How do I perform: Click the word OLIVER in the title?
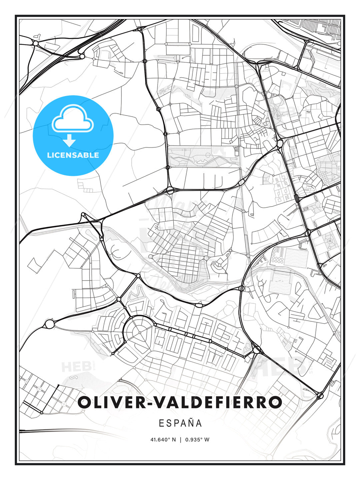[x=107, y=402]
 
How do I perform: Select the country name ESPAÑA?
[x=180, y=423]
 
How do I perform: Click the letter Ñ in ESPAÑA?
[x=190, y=423]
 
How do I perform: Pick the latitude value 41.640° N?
[x=163, y=440]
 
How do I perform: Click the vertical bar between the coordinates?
[x=180, y=440]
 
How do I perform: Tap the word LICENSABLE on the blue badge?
[x=73, y=155]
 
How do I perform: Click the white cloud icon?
[x=73, y=119]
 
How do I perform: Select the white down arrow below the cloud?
[x=70, y=141]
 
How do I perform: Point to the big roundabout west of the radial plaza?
[x=49, y=324]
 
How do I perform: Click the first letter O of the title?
[x=85, y=402]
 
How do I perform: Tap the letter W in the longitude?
[x=207, y=440]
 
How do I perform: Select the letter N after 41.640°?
[x=174, y=440]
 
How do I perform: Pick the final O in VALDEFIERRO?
[x=275, y=402]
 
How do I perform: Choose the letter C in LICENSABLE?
[x=59, y=155]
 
